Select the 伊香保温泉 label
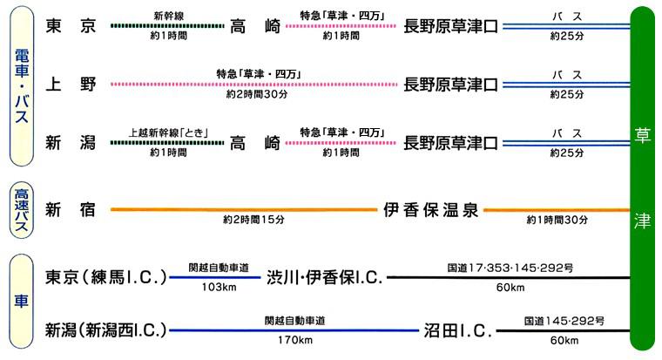[431, 210]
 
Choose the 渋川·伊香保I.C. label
[324, 278]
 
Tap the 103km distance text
[214, 287]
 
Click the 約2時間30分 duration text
[256, 93]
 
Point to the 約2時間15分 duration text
[254, 220]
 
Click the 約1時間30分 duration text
[557, 220]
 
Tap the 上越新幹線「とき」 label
[168, 131]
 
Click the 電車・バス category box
[24, 85]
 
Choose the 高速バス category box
[24, 209]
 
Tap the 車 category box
[24, 303]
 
